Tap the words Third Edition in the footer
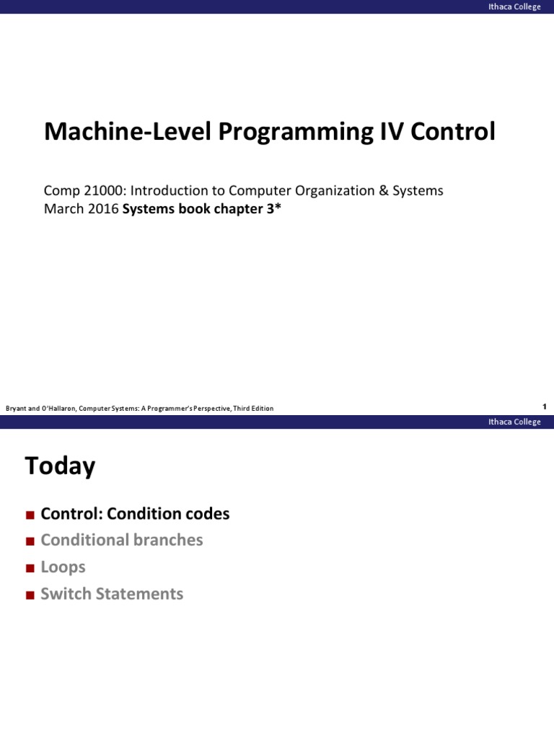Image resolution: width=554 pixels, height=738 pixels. (x=253, y=409)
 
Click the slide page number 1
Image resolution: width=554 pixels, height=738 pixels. (x=545, y=407)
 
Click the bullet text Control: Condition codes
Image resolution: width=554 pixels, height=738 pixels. (x=135, y=514)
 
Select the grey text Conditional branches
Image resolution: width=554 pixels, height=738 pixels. (x=122, y=541)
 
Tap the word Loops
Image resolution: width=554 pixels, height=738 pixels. (x=63, y=567)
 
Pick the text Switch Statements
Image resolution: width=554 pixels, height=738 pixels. (x=112, y=594)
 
